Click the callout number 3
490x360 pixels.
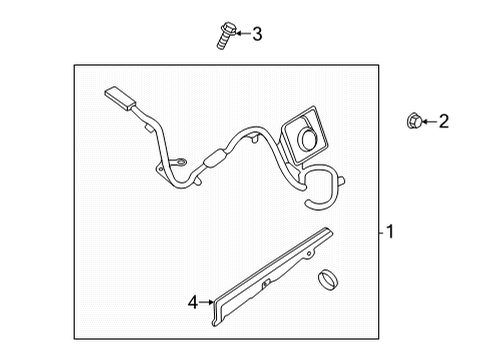[257, 35]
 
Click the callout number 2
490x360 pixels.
[444, 122]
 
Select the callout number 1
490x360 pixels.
[390, 232]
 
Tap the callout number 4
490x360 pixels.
[192, 301]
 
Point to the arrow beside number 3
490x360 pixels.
[240, 35]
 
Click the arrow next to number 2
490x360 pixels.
[427, 122]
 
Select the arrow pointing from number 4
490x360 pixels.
[207, 300]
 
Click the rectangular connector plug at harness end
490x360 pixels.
[121, 100]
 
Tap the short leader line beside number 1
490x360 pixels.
[381, 232]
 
